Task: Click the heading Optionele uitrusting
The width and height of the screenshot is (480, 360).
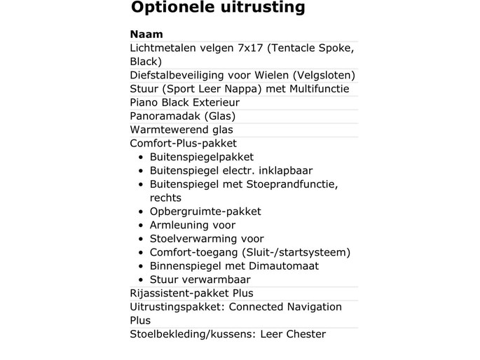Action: click(x=218, y=8)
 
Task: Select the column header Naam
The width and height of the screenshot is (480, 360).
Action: click(x=146, y=34)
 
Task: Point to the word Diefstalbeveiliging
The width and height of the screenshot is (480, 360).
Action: click(x=174, y=75)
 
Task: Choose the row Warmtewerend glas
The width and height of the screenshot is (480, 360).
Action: click(x=181, y=130)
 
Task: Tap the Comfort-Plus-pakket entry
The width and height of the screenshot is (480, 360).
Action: click(x=184, y=144)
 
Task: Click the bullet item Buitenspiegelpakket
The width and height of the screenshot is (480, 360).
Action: click(x=202, y=157)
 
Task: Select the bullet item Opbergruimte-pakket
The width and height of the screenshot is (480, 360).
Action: click(x=205, y=212)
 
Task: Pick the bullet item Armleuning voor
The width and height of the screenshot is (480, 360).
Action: click(x=193, y=225)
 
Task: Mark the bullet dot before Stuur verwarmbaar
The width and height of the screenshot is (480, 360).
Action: click(x=142, y=280)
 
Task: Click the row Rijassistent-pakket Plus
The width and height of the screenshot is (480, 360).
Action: click(x=191, y=293)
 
